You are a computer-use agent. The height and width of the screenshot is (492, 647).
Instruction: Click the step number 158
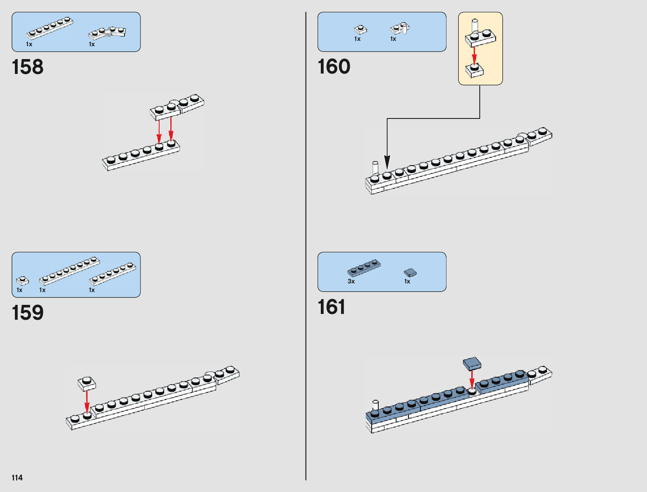coord(28,67)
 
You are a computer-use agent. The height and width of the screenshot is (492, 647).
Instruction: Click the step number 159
coord(28,313)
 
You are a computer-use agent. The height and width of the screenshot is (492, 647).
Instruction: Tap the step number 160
coord(334,67)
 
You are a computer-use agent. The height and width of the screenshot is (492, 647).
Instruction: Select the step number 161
coord(331,307)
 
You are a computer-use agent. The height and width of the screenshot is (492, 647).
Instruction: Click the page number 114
coord(17,478)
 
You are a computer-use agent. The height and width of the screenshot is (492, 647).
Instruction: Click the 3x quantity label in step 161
coord(351,281)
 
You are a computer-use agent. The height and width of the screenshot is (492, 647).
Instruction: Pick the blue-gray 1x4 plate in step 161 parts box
coord(364,268)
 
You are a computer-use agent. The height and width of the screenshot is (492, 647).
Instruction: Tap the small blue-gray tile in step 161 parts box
coord(410,272)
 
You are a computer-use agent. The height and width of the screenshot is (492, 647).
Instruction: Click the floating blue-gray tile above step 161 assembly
coord(472,363)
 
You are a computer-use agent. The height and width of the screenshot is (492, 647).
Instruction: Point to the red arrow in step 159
coord(87,401)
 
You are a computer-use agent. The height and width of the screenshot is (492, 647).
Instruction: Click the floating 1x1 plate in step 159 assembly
coord(87,383)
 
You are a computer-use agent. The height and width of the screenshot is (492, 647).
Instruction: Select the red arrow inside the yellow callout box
coord(474,55)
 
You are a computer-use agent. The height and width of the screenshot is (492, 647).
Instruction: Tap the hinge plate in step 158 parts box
coord(107,32)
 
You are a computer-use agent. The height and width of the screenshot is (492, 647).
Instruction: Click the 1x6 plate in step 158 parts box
coord(50,28)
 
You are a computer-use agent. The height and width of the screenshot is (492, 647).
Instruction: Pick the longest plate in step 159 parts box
coord(69,271)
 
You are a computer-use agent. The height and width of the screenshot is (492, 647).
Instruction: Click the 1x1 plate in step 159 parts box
coord(22,281)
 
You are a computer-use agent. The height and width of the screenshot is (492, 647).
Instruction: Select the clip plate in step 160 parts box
coord(400,29)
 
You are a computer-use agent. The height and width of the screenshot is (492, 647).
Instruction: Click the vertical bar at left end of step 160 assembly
coord(375,168)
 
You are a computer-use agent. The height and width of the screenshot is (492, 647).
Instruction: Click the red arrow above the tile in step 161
coord(472,379)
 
